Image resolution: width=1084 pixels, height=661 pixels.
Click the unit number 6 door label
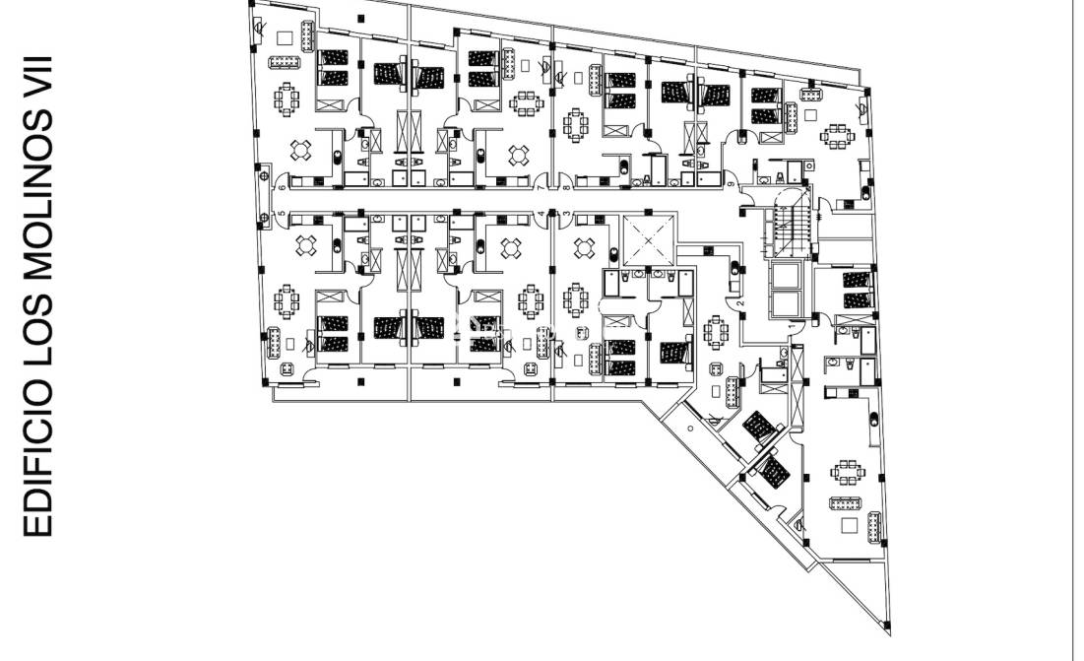[x=282, y=187]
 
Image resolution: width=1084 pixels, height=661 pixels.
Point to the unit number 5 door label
[x=282, y=214]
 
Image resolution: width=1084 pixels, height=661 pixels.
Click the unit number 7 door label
[x=541, y=187]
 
